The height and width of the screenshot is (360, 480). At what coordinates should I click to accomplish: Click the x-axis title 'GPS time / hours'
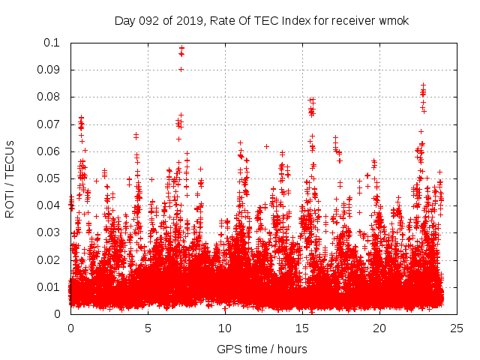[x=262, y=349]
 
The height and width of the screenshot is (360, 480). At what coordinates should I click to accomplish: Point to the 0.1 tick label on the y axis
[x=53, y=43]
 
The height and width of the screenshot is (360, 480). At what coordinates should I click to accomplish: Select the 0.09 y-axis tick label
[x=50, y=70]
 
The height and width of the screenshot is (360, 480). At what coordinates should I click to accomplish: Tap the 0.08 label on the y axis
[x=50, y=97]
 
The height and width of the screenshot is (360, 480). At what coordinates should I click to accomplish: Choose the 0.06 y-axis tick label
[x=50, y=151]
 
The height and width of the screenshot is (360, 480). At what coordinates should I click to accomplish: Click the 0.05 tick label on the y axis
[x=50, y=178]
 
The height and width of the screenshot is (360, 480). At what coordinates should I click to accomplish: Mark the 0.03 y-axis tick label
[x=50, y=232]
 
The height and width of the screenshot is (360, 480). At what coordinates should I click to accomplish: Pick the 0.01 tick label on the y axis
[x=50, y=286]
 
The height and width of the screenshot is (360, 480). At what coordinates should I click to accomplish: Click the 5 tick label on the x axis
[x=148, y=328]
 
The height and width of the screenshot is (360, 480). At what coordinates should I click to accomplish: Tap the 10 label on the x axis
[x=225, y=328]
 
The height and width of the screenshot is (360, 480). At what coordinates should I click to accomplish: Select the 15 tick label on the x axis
[x=302, y=328]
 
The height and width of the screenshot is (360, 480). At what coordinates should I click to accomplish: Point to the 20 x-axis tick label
[x=379, y=328]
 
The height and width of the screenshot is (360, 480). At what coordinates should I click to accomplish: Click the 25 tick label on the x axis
[x=457, y=328]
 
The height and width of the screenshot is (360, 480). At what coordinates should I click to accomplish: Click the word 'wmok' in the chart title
[x=394, y=20]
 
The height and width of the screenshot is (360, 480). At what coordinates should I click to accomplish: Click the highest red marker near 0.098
[x=181, y=48]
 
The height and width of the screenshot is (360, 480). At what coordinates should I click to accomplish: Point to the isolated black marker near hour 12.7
[x=266, y=146]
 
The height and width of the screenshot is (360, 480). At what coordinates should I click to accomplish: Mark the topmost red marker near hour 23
[x=423, y=85]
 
